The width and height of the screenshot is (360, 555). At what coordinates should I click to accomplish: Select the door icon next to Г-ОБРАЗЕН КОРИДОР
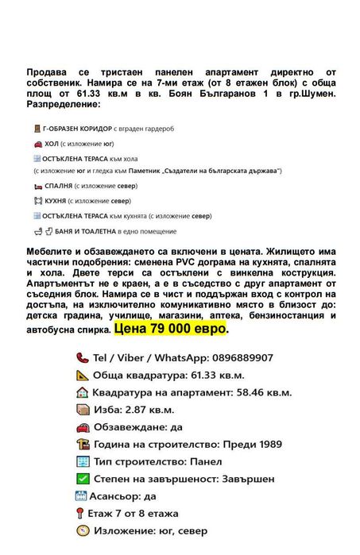pos(37,128)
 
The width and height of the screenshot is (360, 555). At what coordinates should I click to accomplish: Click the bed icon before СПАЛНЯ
pos(37,184)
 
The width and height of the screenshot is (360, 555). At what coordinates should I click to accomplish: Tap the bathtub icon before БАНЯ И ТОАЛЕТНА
pos(38,231)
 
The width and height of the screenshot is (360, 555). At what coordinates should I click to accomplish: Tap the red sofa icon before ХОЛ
pos(37,144)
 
